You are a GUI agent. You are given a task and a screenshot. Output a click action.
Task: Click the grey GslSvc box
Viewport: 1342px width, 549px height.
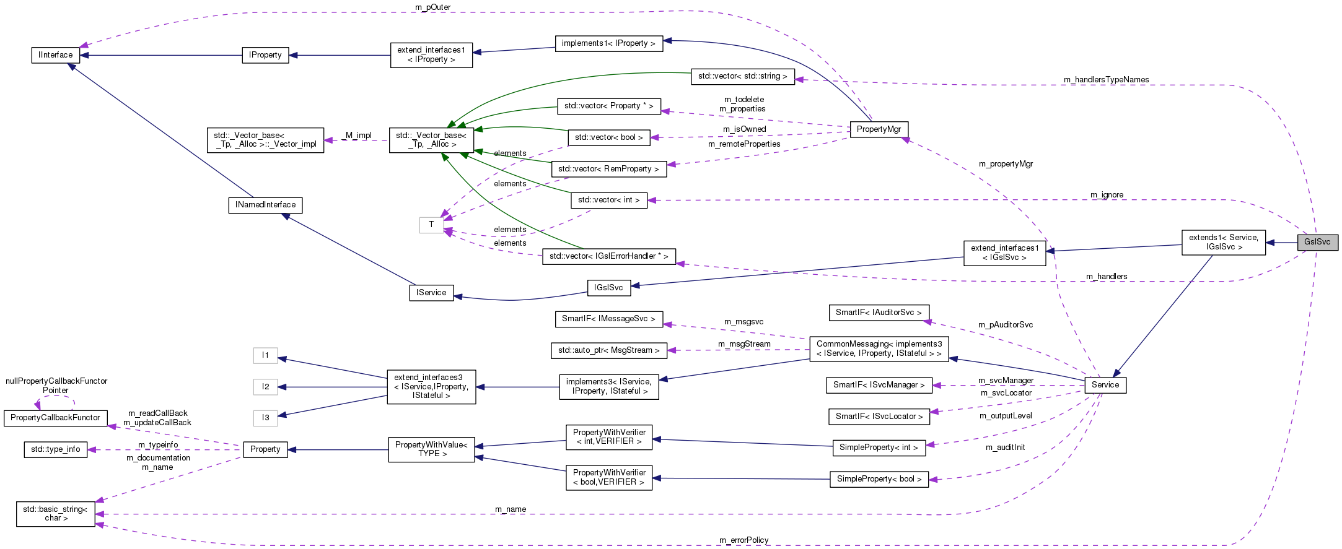pos(1317,242)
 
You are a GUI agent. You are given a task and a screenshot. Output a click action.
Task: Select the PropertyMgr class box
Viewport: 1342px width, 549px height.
pos(879,129)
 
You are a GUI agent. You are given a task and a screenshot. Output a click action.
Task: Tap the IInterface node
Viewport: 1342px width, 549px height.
pos(56,55)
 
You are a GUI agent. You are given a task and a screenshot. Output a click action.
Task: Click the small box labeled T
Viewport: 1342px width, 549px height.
pos(431,225)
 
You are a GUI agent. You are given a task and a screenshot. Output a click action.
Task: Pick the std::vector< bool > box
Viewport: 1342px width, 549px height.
pos(608,137)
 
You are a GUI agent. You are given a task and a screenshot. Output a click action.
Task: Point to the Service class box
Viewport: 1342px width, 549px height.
pos(1105,385)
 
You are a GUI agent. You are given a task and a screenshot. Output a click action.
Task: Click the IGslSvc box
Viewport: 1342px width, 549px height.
pos(608,288)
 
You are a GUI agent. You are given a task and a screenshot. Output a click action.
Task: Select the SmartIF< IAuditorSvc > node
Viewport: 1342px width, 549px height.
pos(879,313)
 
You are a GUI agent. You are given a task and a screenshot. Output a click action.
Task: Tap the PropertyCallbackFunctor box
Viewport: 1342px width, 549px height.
pos(55,418)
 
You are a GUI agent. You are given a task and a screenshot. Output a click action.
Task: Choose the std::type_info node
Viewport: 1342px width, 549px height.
pos(56,449)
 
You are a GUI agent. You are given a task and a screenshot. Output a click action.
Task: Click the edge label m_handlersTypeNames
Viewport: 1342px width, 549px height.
pos(1106,80)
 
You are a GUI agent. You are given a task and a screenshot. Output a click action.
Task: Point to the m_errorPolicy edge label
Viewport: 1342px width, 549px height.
pos(743,540)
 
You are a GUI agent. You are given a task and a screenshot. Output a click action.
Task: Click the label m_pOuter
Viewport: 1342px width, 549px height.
pos(432,7)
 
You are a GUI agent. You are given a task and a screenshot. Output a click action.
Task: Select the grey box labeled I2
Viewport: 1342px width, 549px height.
pos(265,387)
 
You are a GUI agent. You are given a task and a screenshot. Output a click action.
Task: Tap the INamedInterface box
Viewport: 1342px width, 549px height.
pos(265,205)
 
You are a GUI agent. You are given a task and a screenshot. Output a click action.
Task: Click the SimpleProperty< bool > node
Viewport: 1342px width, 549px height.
pos(879,479)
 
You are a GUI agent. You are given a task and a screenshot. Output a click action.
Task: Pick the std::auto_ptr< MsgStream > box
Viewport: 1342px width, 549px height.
pos(608,350)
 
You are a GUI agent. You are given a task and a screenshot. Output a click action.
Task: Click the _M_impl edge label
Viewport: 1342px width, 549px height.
pos(357,136)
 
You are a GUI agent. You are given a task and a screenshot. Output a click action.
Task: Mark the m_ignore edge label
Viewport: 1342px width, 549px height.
pos(1107,195)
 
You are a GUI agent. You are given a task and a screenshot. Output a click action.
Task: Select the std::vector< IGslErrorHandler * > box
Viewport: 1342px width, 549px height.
pos(608,256)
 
